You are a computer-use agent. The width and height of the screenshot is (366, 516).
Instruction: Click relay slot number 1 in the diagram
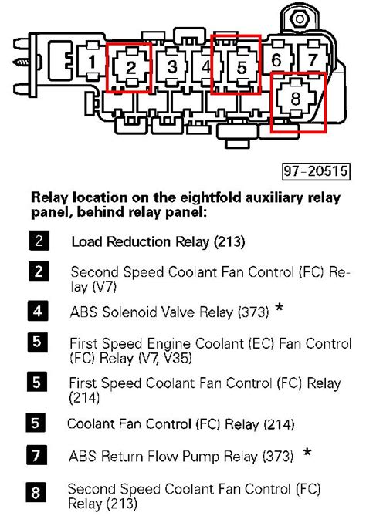(91, 61)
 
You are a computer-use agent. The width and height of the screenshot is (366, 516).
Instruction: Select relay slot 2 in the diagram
(131, 68)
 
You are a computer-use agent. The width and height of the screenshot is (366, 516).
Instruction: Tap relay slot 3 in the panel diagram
(173, 67)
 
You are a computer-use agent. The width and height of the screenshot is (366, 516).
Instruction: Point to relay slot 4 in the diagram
(205, 68)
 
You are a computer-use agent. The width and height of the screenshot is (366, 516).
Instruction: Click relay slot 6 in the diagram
(276, 59)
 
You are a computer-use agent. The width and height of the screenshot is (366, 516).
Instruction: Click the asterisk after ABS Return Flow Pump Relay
(307, 454)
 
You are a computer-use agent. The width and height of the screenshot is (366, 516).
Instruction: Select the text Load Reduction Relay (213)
(158, 242)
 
